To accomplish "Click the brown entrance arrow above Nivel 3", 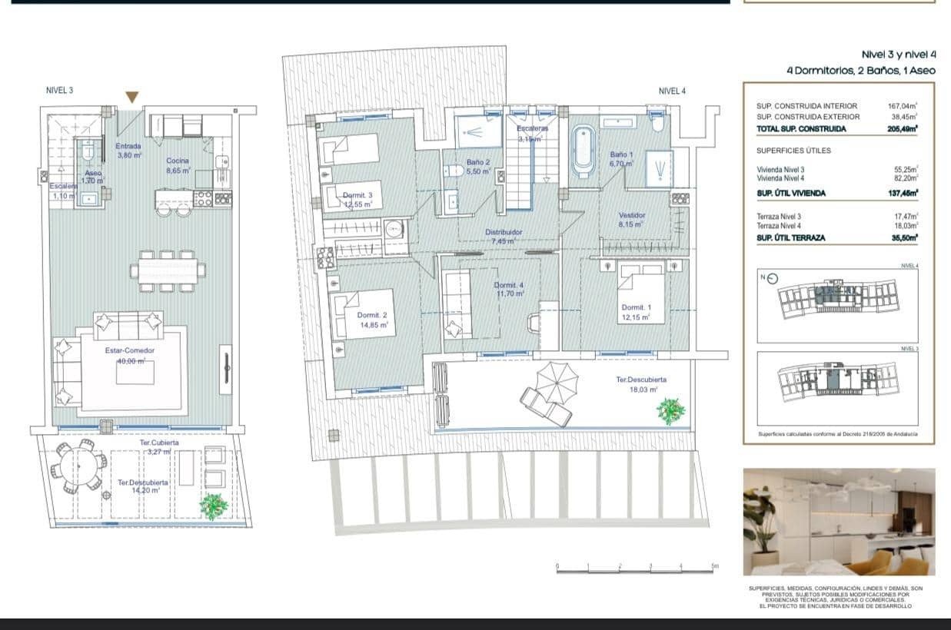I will (x=132, y=97).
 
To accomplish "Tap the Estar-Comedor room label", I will (x=130, y=350).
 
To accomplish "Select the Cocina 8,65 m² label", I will (x=178, y=164).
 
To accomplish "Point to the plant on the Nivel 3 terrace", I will (x=214, y=506).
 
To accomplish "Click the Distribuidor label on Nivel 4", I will (x=504, y=236).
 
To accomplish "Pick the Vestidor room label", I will (x=632, y=220).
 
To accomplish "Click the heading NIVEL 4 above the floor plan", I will (x=672, y=91).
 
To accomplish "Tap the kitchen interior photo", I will (x=839, y=522).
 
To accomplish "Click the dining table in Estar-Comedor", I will (x=168, y=270).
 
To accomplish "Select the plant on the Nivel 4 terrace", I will (x=670, y=411).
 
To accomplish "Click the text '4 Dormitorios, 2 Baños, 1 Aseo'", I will (x=860, y=70).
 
